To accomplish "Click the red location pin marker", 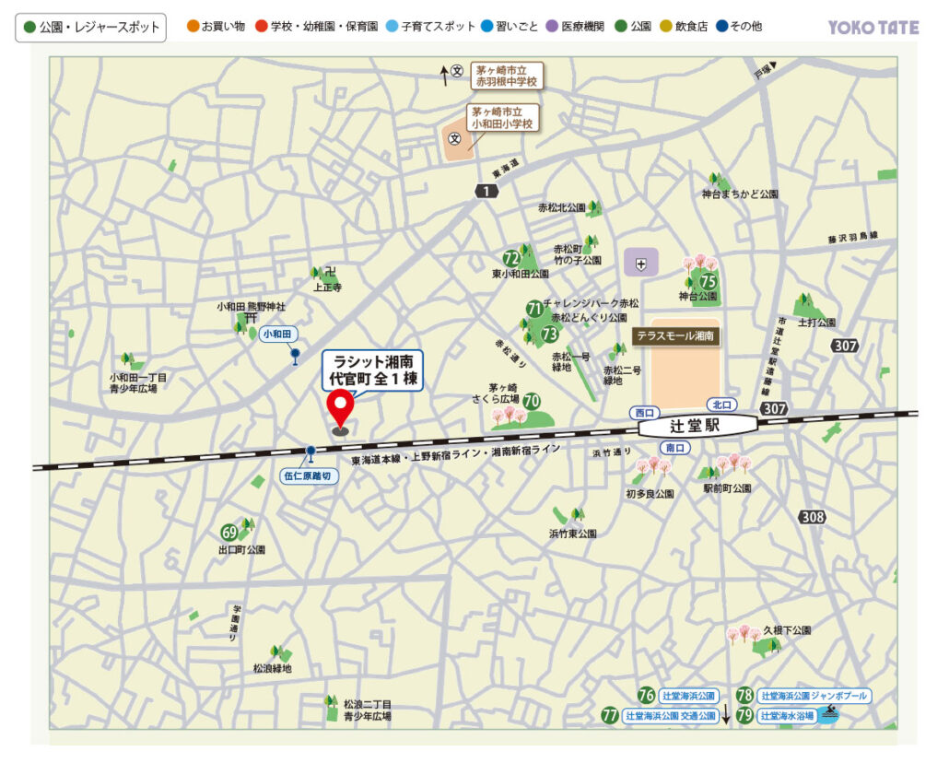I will pos(341,409).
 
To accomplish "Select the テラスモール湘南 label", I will pos(676,337).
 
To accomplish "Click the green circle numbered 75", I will pos(708,281).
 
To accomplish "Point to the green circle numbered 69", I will pos(229,533).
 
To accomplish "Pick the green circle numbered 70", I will pos(532,401).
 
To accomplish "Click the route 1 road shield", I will pos(486,191).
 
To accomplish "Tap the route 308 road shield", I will pos(813,517).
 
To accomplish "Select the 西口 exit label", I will pos(643,413).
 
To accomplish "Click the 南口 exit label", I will pos(675,448).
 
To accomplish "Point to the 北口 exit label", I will pos(721,405).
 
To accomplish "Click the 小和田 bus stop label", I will pos(276,334).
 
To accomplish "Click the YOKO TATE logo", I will pos(873,28).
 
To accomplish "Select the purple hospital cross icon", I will pos(641,264).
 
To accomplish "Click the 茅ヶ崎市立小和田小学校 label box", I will pos(503,116).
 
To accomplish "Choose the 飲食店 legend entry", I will pos(685,27).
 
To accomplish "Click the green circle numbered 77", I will pos(609,715).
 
